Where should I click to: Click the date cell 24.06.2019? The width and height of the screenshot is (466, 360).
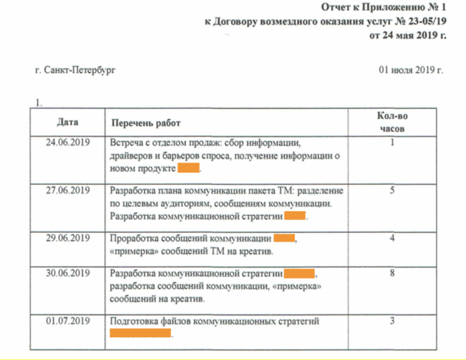click(67, 143)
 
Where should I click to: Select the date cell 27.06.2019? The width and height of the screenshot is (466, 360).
click(67, 191)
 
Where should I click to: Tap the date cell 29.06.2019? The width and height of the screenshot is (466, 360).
click(67, 238)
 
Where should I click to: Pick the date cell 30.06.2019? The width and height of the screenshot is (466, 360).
click(67, 274)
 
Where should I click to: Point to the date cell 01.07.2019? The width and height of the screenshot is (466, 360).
click(67, 322)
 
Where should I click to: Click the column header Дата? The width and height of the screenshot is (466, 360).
click(67, 122)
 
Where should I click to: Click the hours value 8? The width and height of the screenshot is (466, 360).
click(392, 274)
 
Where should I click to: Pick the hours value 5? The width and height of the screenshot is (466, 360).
click(392, 191)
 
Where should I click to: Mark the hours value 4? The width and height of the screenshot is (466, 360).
click(392, 238)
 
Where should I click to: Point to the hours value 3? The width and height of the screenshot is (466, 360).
click(392, 322)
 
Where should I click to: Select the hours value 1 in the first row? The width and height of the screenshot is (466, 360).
click(392, 143)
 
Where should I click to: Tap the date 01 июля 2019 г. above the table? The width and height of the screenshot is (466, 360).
click(411, 71)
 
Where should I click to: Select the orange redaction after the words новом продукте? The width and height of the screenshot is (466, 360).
click(188, 169)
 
